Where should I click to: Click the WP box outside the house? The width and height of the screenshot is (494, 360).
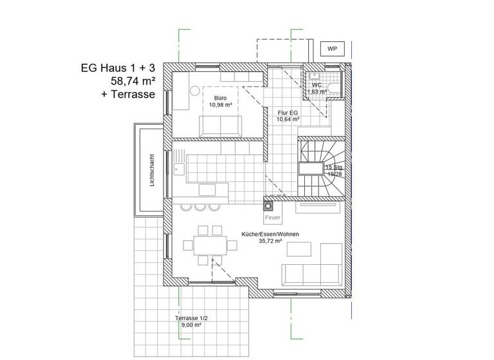pos(332,49)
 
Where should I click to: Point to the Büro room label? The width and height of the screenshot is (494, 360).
pos(220,98)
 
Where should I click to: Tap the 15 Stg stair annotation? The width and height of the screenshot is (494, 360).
pos(334,167)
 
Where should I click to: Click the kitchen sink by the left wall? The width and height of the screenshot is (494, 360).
pos(178,168)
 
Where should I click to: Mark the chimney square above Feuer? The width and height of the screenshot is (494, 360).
pos(268,207)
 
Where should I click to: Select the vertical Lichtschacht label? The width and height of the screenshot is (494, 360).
pos(151,170)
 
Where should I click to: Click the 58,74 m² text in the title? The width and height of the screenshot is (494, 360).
pos(133,81)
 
